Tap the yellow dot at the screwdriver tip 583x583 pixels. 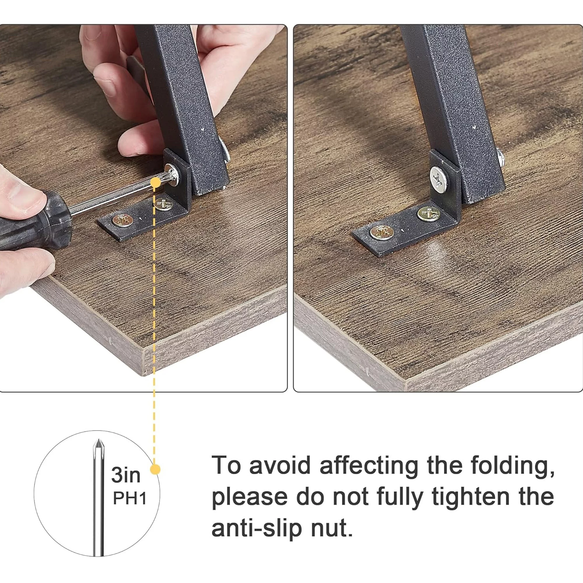[x=155, y=182]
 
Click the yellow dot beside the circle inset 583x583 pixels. [x=155, y=478]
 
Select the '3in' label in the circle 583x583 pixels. [x=126, y=475]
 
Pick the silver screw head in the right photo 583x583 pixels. [x=439, y=180]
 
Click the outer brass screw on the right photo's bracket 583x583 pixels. [x=382, y=232]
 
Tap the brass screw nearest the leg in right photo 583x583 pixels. [x=429, y=214]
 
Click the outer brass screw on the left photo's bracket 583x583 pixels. [x=122, y=220]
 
